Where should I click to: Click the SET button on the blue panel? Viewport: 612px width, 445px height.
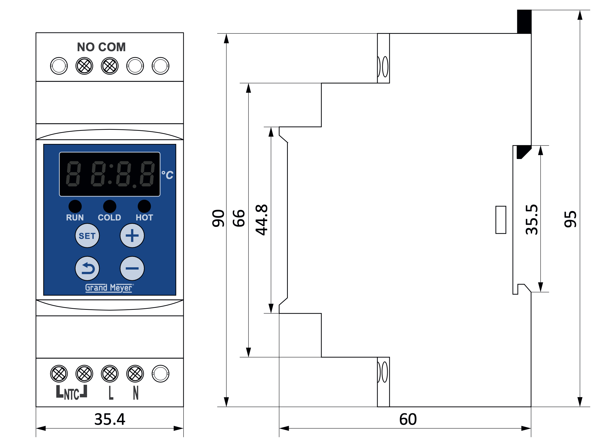pos(87,236)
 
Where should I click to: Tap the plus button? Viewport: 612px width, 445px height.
pos(132,236)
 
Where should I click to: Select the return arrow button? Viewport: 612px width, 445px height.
pos(87,269)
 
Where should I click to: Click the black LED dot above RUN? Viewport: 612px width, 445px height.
pos(75,207)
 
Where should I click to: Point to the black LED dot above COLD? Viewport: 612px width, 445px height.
pos(110,207)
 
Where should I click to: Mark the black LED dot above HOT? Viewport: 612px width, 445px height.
pos(144,207)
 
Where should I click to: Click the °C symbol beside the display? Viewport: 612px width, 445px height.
pos(167,175)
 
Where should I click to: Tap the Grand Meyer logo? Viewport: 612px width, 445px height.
pos(109,288)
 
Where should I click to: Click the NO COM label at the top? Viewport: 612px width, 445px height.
pos(101,47)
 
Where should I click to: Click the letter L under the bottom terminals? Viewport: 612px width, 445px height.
pos(111,393)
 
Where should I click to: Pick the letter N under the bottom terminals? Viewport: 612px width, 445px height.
pos(136,393)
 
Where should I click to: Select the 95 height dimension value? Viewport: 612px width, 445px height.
pos(571,219)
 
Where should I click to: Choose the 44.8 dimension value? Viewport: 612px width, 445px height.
pos(261,220)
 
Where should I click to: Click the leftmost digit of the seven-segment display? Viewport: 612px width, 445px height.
pos(73,174)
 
